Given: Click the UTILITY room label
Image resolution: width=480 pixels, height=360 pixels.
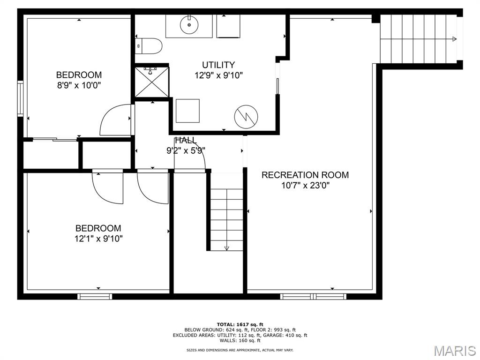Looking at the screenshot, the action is [218, 65].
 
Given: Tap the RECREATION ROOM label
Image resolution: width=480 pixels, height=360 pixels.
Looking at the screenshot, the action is [305, 175].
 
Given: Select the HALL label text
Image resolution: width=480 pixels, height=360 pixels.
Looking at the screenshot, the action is [186, 141].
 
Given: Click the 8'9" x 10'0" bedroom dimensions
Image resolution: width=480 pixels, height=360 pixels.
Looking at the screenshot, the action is [79, 85].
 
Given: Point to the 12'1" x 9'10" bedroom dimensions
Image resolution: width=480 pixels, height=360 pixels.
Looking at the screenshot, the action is [98, 239].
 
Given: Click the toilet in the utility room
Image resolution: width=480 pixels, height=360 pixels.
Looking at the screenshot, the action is [149, 46].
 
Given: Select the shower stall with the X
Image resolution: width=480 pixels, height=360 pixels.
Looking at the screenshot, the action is [152, 82].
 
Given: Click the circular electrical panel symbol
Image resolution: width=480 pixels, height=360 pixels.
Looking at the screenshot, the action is [246, 117].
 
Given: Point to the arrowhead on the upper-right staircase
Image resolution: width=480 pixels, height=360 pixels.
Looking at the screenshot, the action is [454, 39].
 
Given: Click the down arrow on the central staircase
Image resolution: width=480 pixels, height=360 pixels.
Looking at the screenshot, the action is [226, 248].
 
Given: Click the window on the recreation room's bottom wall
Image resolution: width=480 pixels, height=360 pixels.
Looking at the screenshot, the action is [313, 296].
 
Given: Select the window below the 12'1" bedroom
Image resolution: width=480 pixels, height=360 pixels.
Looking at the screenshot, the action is [95, 296].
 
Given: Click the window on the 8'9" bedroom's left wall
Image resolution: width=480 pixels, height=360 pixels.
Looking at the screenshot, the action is [20, 98].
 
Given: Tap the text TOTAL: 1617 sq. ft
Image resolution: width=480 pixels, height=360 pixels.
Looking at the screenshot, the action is [240, 324].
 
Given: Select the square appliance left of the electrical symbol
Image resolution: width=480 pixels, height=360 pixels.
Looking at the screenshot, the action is [187, 111].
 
